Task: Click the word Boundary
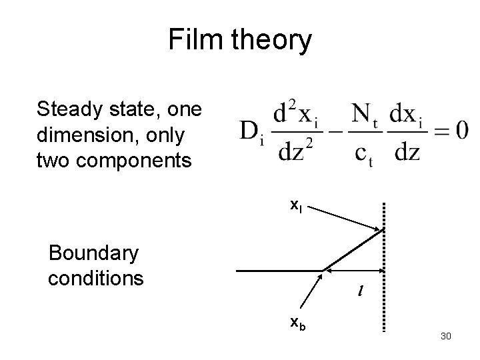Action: pyautogui.click(x=94, y=253)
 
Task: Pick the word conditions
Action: pyautogui.click(x=95, y=277)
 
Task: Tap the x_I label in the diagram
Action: pyautogui.click(x=296, y=207)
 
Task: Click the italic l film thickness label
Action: pyautogui.click(x=359, y=291)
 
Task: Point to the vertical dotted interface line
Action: pyautogui.click(x=385, y=267)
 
